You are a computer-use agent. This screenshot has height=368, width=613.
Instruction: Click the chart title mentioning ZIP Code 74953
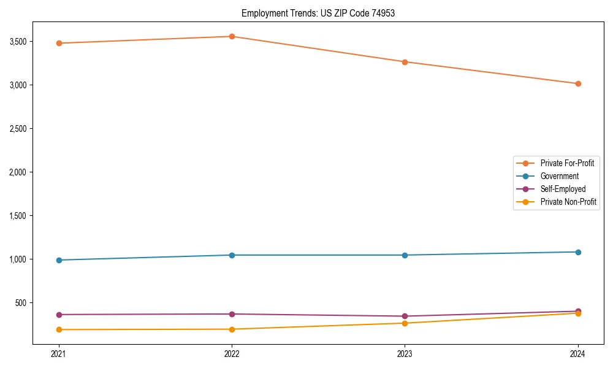(x=318, y=13)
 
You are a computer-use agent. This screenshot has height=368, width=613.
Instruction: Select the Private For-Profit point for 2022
(x=232, y=36)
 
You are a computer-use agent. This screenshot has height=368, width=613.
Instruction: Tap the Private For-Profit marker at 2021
(x=59, y=43)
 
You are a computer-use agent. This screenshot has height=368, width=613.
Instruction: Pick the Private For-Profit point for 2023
(x=405, y=62)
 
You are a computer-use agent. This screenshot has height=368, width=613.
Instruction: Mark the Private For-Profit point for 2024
(x=578, y=83)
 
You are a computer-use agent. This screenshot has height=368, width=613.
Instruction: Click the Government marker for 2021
(x=59, y=260)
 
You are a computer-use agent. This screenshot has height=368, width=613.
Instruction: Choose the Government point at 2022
(x=232, y=255)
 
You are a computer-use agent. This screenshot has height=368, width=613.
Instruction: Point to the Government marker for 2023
(x=405, y=255)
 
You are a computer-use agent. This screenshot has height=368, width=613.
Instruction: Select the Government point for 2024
(x=578, y=252)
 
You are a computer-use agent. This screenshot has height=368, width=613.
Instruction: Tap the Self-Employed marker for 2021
(x=59, y=315)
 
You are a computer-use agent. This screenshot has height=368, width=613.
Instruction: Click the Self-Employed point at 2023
(x=405, y=316)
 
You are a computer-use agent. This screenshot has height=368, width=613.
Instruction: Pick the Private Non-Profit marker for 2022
(x=232, y=329)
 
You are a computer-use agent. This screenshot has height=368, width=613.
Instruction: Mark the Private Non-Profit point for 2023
(x=405, y=323)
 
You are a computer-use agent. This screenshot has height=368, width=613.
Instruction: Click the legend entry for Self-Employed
(x=563, y=189)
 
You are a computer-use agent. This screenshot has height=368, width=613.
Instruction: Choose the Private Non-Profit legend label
(x=568, y=202)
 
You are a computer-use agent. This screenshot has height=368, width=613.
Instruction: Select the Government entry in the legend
(x=559, y=176)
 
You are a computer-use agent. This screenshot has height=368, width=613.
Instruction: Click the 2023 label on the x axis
(x=405, y=354)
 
